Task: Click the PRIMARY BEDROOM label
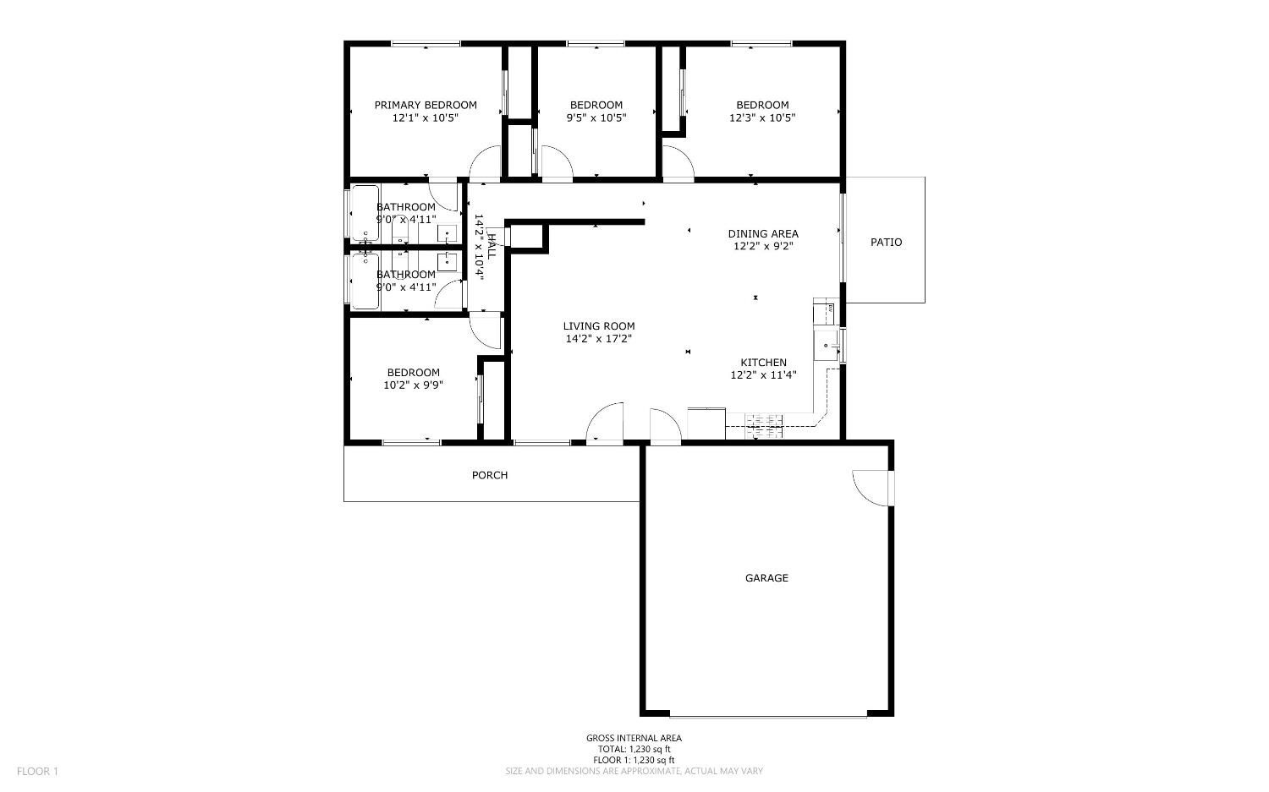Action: tap(426, 105)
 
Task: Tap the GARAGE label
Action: tap(766, 578)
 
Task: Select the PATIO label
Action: tap(886, 242)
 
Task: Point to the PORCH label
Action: tap(490, 475)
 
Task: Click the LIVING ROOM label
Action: tap(599, 326)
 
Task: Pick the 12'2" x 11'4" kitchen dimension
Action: tap(763, 375)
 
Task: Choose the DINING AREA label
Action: tap(763, 233)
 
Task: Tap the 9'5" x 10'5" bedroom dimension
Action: tap(596, 118)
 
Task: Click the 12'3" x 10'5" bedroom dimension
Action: tap(761, 118)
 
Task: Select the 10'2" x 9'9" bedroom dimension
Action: tap(413, 385)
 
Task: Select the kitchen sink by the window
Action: tap(827, 346)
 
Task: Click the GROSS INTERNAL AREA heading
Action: tap(634, 738)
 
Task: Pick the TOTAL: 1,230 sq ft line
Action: tap(634, 749)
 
